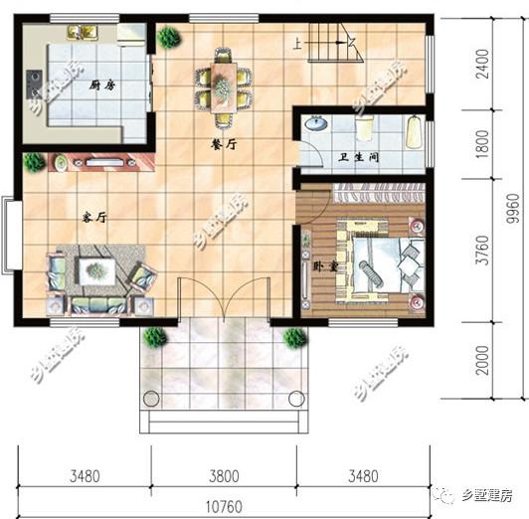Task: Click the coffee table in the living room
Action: click(98, 268)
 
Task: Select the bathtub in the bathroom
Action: click(413, 130)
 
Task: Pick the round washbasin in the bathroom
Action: click(315, 124)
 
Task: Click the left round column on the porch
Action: click(151, 399)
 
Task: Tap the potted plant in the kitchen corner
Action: click(168, 38)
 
